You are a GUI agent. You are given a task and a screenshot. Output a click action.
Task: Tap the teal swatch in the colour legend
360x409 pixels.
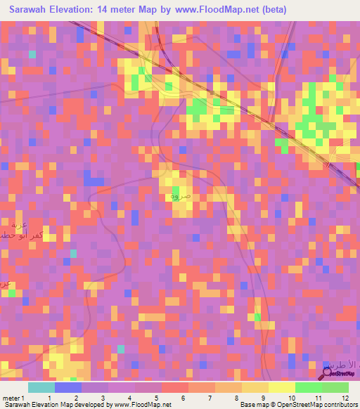(41, 387)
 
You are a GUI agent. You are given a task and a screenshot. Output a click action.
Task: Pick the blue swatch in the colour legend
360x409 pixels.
(68, 387)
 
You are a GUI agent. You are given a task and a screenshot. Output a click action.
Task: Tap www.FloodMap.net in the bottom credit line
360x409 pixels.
(141, 405)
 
